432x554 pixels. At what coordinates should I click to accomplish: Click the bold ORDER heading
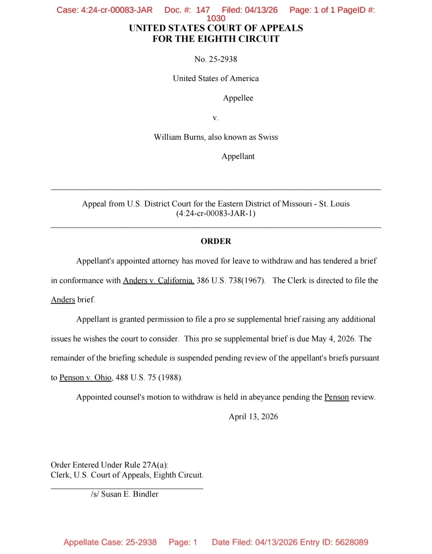pyautogui.click(x=216, y=241)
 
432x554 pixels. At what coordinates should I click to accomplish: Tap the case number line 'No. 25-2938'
pyautogui.click(x=216, y=59)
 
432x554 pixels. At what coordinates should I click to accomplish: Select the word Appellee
pyautogui.click(x=238, y=98)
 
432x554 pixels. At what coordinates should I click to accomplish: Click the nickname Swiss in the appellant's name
pyautogui.click(x=268, y=137)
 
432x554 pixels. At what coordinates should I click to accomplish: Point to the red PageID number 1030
pyautogui.click(x=216, y=18)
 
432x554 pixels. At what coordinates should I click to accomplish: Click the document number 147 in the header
pyautogui.click(x=203, y=10)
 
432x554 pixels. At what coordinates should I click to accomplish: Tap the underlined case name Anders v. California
pyautogui.click(x=158, y=280)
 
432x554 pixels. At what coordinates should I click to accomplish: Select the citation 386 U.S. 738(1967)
pyautogui.click(x=231, y=280)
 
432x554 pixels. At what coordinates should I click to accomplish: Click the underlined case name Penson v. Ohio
pyautogui.click(x=85, y=377)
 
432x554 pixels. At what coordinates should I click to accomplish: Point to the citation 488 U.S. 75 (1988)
pyautogui.click(x=149, y=377)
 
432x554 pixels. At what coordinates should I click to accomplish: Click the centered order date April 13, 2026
pyautogui.click(x=253, y=417)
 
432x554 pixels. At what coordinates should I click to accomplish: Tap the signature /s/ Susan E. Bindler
pyautogui.click(x=124, y=494)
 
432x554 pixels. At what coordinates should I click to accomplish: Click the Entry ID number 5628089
pyautogui.click(x=352, y=542)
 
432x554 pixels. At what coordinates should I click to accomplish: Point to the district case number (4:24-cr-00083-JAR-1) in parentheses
pyautogui.click(x=216, y=213)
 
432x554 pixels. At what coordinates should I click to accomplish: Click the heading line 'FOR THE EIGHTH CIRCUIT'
pyautogui.click(x=216, y=39)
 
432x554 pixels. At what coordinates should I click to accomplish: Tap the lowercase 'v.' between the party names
pyautogui.click(x=216, y=118)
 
